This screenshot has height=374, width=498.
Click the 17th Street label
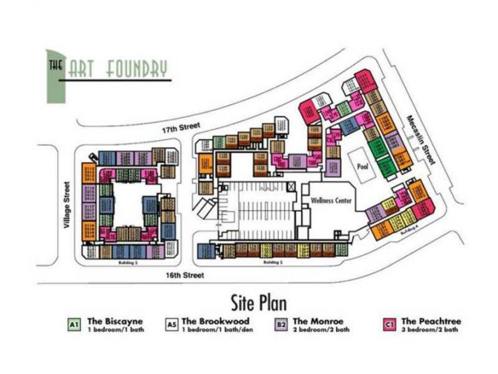click(176, 130)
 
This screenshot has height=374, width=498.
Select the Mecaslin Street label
click(423, 140)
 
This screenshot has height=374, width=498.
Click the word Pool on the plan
click(362, 167)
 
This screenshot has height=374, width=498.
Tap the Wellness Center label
click(332, 200)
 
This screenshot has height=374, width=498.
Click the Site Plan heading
click(258, 302)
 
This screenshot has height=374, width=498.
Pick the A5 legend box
click(172, 324)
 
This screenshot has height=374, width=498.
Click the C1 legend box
click(390, 324)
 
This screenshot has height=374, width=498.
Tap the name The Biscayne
click(115, 321)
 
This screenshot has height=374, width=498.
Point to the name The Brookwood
click(215, 321)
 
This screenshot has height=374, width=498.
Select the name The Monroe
click(319, 321)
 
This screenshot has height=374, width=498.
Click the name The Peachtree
click(430, 321)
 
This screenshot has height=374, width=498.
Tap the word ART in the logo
click(84, 69)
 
